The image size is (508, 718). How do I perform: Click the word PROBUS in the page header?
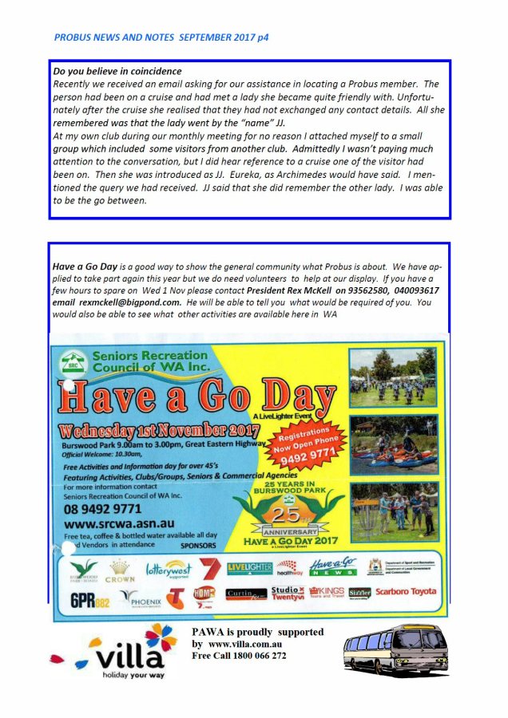tap(73, 37)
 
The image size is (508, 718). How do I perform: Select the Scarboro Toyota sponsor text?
tap(406, 592)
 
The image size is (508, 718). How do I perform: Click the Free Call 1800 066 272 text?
tap(239, 656)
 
